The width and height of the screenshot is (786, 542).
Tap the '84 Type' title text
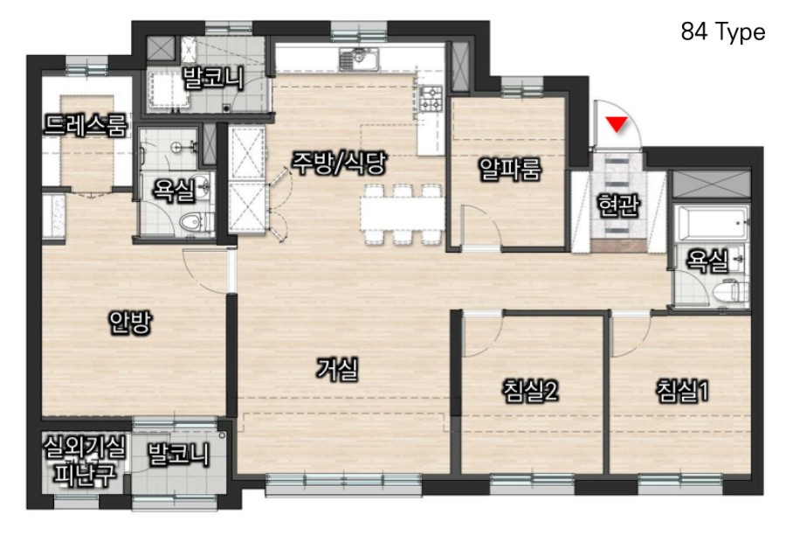point(723,32)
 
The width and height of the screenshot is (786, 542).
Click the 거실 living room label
point(337,370)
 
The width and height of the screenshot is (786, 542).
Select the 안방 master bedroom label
point(130,323)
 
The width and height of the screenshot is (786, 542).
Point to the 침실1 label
point(683,391)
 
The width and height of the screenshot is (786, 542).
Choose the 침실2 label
point(531,391)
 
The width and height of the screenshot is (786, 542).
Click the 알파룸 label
point(510,169)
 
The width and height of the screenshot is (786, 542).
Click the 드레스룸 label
point(86,125)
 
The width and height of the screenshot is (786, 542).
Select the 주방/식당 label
point(340,163)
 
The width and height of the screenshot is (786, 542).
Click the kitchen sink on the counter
point(360,59)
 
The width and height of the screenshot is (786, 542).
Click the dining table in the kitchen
point(403,214)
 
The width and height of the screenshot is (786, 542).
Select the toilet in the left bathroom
point(196,221)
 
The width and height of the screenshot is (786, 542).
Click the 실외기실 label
point(84,447)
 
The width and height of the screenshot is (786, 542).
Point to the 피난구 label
point(86,472)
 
